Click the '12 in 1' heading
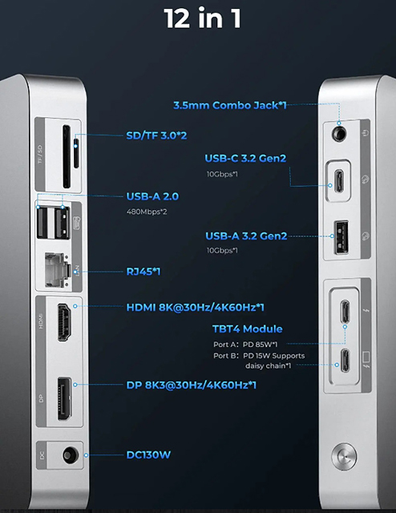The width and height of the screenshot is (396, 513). click(x=202, y=18)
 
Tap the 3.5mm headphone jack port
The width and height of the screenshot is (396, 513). click(x=339, y=133)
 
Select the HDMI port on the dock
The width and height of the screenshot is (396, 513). click(x=64, y=322)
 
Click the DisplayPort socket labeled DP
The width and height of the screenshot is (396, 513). click(x=64, y=398)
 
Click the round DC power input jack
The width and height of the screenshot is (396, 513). click(x=71, y=455)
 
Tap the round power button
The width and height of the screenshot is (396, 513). click(x=344, y=456)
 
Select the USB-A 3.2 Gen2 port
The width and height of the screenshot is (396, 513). click(x=341, y=237)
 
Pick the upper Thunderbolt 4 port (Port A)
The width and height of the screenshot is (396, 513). click(x=345, y=311)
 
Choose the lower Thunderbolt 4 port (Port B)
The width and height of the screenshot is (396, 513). click(x=345, y=360)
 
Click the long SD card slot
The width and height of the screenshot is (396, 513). click(x=67, y=156)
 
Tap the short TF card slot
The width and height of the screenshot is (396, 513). click(x=76, y=152)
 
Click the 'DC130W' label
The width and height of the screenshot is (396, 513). click(x=148, y=454)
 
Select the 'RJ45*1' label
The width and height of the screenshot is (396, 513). click(x=143, y=272)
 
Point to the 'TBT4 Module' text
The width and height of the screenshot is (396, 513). click(x=248, y=329)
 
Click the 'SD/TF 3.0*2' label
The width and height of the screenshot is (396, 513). click(x=156, y=135)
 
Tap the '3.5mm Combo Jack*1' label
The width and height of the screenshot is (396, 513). click(x=230, y=105)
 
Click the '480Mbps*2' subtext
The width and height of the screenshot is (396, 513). click(x=147, y=212)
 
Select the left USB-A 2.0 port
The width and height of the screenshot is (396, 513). click(x=42, y=223)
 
